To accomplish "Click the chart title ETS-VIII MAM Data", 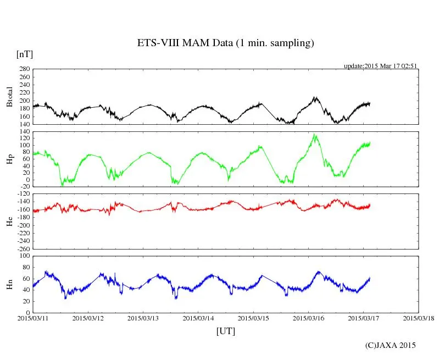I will [225, 43].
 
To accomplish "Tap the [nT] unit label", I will [24, 54].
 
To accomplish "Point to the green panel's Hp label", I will [9, 159].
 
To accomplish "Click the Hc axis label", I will [9, 221].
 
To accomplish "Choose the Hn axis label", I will [9, 284].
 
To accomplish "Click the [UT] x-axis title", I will [226, 331].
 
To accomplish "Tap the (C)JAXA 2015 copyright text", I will [391, 345].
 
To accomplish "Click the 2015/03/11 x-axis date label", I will [34, 318].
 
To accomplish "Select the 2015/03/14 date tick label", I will [198, 318].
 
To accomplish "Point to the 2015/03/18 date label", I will [419, 318].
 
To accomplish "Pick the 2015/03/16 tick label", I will [308, 318].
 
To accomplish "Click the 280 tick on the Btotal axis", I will [24, 69].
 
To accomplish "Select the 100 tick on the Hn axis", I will [24, 256].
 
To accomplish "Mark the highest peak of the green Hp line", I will [314, 134].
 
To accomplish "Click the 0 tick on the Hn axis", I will [27, 313].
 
